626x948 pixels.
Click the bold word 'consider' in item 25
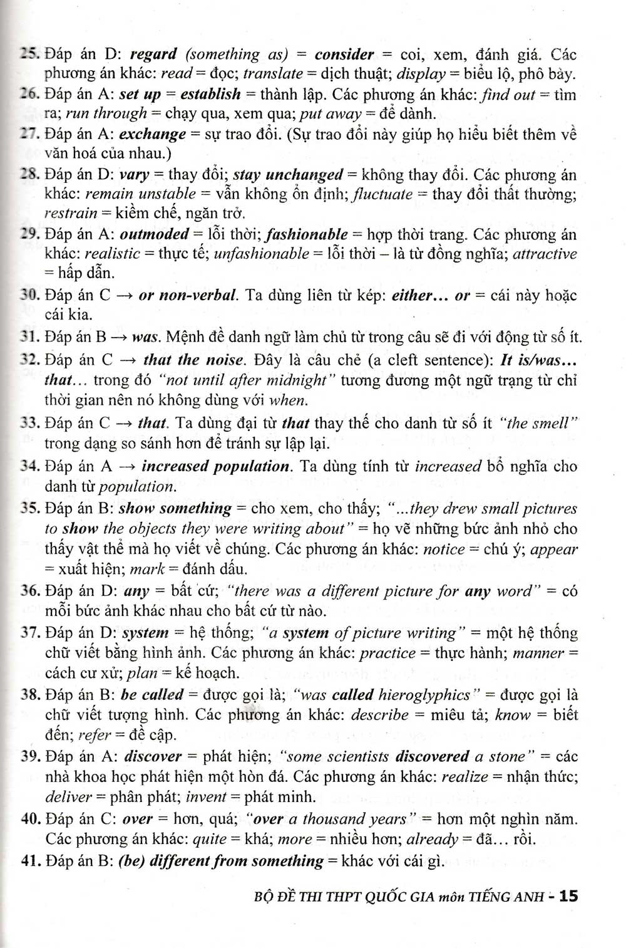pyautogui.click(x=344, y=54)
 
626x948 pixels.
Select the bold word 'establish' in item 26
pyautogui.click(x=210, y=95)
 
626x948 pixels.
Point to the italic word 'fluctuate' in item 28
pyautogui.click(x=382, y=194)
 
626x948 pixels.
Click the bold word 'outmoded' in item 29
pyautogui.click(x=154, y=234)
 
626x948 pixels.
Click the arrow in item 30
pyautogui.click(x=123, y=295)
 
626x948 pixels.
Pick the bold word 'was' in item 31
pyautogui.click(x=145, y=336)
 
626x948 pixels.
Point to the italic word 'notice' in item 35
pyautogui.click(x=444, y=550)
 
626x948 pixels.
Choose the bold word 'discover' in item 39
pyautogui.click(x=153, y=756)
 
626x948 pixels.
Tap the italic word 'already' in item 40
pyautogui.click(x=432, y=839)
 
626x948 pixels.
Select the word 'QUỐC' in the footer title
pyautogui.click(x=394, y=897)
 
